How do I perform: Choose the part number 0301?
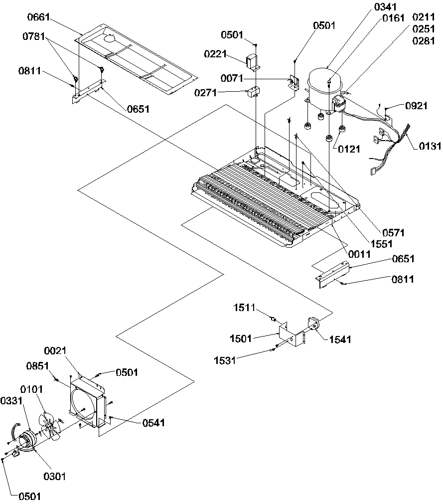[55, 477]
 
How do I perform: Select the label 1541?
[340, 340]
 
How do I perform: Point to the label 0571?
[393, 232]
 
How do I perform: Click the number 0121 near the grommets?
[349, 149]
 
